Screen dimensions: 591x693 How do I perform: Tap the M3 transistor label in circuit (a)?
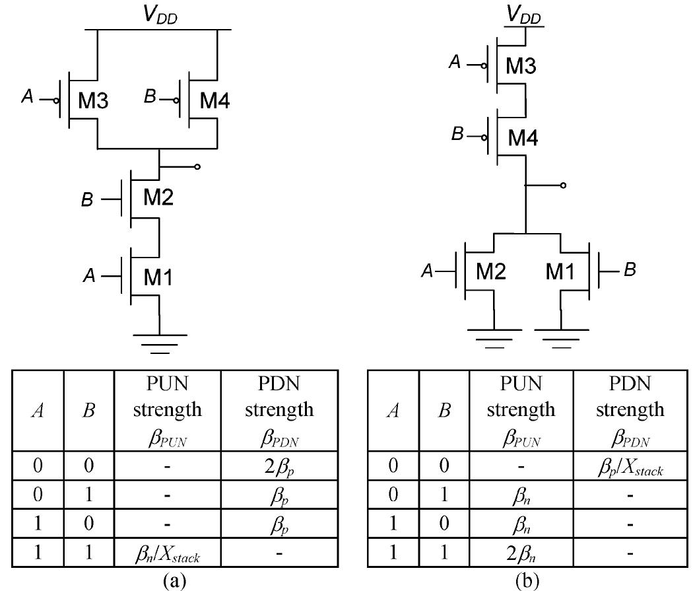(x=93, y=101)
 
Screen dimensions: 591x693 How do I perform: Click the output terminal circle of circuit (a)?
(x=197, y=166)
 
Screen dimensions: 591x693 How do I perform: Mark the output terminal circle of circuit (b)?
(x=562, y=186)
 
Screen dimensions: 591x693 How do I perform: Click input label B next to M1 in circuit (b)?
(x=630, y=271)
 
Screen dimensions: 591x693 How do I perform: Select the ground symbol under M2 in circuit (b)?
(x=494, y=333)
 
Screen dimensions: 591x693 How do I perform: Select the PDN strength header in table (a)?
(x=279, y=409)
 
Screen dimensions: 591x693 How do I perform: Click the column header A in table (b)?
(x=394, y=411)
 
